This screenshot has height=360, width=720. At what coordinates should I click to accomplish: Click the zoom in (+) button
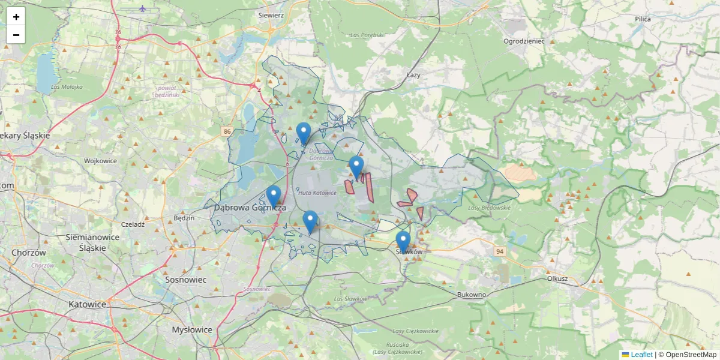point(16,17)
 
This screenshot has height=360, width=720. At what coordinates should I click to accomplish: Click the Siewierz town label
point(271,14)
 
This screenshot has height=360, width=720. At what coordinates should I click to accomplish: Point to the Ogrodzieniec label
point(524,41)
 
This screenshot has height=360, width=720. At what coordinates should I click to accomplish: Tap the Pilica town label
point(643,19)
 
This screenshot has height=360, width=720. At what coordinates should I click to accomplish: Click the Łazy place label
point(413,75)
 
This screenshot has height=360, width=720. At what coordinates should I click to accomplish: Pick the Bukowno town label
point(471,295)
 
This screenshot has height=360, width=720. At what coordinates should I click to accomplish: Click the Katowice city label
point(88,304)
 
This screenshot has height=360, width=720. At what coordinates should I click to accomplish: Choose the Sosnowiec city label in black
point(186,280)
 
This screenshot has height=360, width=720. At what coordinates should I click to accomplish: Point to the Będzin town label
point(183,218)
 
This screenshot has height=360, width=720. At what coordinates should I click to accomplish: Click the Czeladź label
point(133,224)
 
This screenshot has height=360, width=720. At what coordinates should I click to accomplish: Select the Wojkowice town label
point(100,161)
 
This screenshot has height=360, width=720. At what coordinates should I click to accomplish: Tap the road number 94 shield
point(499,251)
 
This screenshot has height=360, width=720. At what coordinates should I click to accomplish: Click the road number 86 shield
point(226,131)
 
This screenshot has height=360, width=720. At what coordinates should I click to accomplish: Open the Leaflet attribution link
point(641,355)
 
